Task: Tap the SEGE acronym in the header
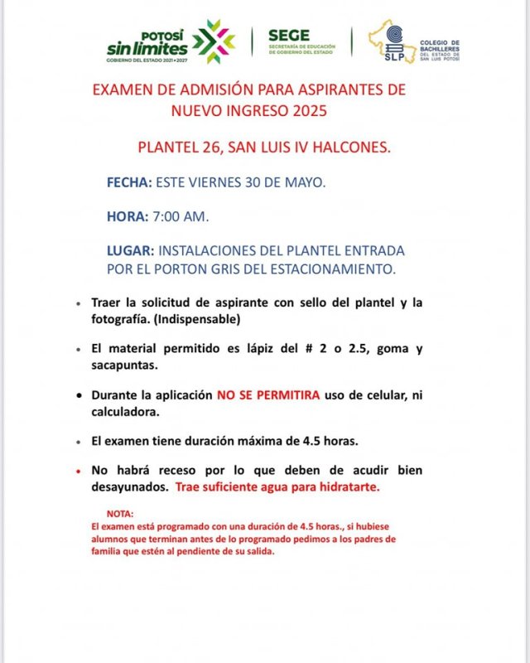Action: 289,36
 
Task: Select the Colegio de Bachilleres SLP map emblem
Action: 394,41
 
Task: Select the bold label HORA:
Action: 128,217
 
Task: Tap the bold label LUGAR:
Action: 130,250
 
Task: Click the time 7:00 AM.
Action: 181,217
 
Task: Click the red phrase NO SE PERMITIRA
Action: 268,396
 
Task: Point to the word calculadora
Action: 127,412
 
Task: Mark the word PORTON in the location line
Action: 183,269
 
